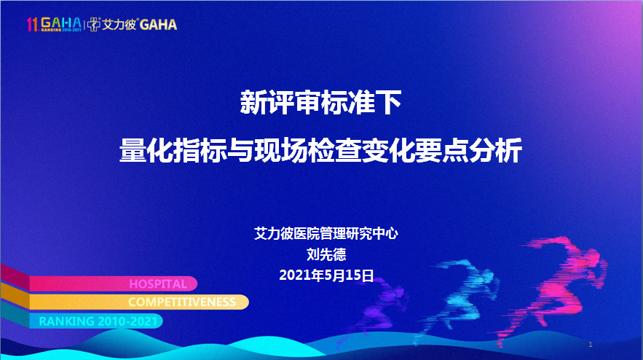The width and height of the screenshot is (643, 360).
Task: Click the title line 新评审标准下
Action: (x=320, y=103)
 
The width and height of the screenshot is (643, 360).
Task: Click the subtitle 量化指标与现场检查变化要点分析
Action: (x=320, y=150)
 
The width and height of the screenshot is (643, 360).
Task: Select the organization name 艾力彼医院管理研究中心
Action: (x=326, y=233)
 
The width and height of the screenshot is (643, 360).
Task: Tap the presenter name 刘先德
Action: (x=326, y=254)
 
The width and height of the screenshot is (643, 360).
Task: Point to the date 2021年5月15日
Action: (x=326, y=275)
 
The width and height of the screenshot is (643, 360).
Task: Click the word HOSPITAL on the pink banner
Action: (x=158, y=284)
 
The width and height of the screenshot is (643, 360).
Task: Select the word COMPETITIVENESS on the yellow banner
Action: (x=181, y=302)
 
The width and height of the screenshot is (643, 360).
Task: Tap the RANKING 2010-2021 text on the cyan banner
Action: (x=98, y=321)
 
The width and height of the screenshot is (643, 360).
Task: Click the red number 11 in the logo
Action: (x=32, y=25)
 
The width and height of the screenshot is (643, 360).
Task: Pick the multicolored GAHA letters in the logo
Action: (x=61, y=23)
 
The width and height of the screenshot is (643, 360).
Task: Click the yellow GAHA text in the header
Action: (x=158, y=25)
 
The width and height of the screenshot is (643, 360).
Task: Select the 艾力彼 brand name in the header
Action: (x=119, y=25)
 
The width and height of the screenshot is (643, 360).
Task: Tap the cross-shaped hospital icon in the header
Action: (x=93, y=25)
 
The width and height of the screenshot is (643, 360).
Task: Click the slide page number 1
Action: (x=591, y=345)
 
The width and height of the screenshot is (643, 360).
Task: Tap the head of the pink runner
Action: (x=593, y=256)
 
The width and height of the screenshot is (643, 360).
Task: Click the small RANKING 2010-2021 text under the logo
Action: (x=61, y=30)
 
